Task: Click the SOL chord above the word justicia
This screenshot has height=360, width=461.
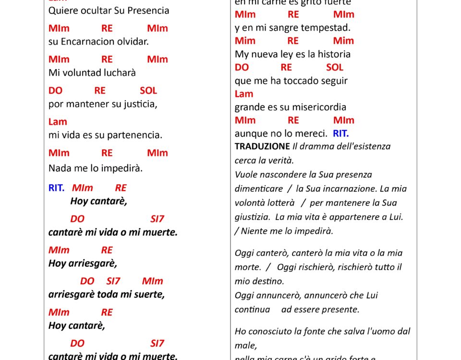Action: pos(148,90)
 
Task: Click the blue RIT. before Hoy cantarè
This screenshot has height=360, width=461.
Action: pos(56,188)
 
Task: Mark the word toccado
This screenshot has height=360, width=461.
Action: pos(306,81)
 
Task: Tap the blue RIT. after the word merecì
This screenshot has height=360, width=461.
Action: pos(341,133)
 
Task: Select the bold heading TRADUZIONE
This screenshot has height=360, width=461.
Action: pos(262,146)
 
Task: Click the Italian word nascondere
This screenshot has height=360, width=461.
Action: pos(283,175)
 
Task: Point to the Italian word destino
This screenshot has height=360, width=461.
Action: pos(267,281)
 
